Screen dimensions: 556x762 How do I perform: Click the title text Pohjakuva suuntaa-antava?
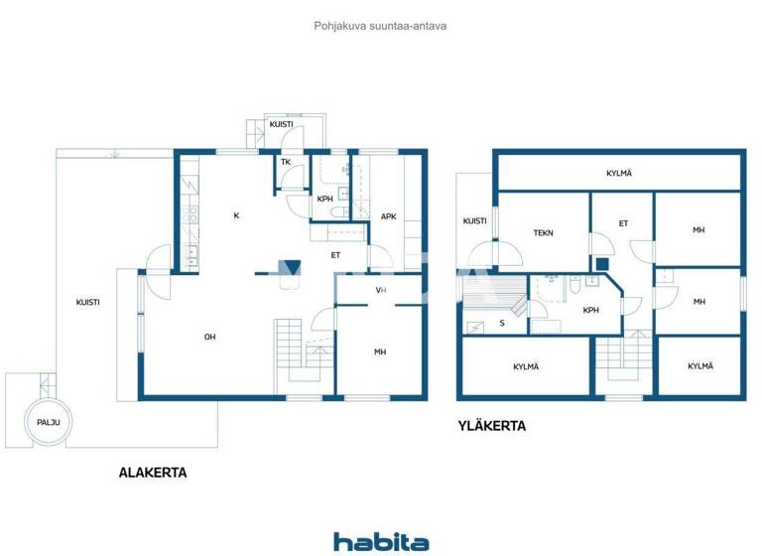pos(380,26)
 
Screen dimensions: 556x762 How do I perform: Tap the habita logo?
pos(380,541)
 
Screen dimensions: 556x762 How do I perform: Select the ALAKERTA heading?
pos(153,473)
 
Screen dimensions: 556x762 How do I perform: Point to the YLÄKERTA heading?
pos(491,427)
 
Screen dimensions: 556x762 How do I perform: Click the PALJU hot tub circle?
pos(49,422)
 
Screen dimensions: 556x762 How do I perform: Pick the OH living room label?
pos(209,338)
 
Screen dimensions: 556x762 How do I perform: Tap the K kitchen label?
pos(236,215)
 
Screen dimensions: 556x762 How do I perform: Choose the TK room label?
pos(285,162)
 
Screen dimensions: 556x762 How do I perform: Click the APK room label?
pos(388,215)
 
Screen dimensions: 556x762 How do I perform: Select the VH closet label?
pos(380,290)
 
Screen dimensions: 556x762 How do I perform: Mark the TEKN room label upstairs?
pos(543,233)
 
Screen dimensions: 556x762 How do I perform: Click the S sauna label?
pos(501,323)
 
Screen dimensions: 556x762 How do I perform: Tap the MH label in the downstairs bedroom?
pos(380,352)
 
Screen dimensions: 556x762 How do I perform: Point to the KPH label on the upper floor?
pos(590,310)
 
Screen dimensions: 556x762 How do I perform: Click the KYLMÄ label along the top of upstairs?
pos(619,173)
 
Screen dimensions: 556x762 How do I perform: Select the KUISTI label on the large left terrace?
pos(90,302)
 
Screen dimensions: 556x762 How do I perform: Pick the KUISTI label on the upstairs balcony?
pos(474,221)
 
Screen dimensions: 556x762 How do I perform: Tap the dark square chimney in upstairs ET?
pos(601,263)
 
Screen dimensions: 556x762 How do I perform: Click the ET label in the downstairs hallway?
pos(336,255)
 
